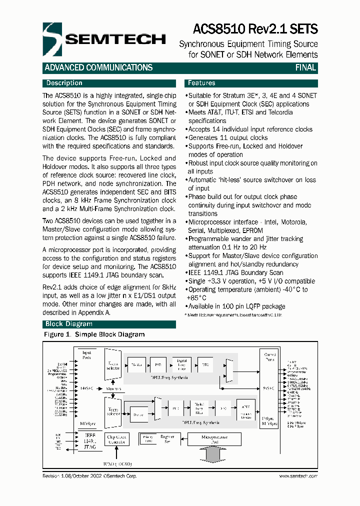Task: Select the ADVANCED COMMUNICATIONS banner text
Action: [x=98, y=68]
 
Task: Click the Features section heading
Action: [x=201, y=83]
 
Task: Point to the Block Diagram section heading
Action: [x=69, y=324]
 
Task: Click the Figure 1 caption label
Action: [x=94, y=334]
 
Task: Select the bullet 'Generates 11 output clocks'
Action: [x=227, y=137]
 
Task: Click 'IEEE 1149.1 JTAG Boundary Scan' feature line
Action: [x=235, y=272]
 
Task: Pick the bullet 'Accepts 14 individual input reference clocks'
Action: [x=250, y=129]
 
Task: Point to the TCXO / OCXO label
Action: [x=118, y=463]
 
